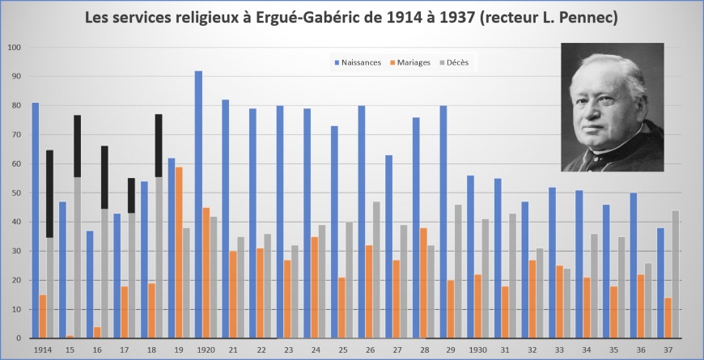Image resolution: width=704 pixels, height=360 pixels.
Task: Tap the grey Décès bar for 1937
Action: [x=676, y=274]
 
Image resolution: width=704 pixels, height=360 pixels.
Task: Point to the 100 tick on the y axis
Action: [x=15, y=48]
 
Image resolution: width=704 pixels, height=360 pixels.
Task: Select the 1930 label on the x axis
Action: [x=477, y=349]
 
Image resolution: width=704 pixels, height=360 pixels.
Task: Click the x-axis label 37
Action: [x=668, y=349]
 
